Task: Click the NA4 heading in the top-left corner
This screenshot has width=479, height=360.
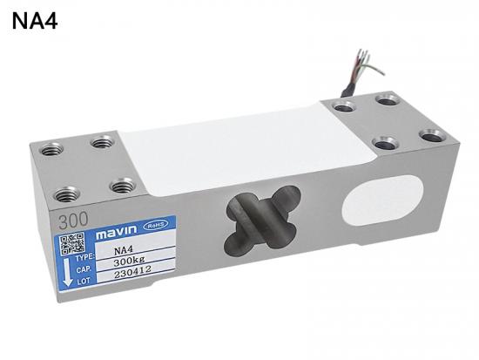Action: click(x=35, y=21)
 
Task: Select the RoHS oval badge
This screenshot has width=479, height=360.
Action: click(x=156, y=226)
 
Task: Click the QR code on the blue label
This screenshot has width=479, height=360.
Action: click(x=72, y=244)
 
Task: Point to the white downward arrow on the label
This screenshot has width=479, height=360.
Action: click(x=67, y=272)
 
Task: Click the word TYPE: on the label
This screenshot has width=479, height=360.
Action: click(x=84, y=258)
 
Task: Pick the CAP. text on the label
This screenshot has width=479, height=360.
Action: click(x=84, y=270)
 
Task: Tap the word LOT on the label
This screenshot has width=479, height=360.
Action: click(x=84, y=282)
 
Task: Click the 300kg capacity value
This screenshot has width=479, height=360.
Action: click(x=129, y=262)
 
